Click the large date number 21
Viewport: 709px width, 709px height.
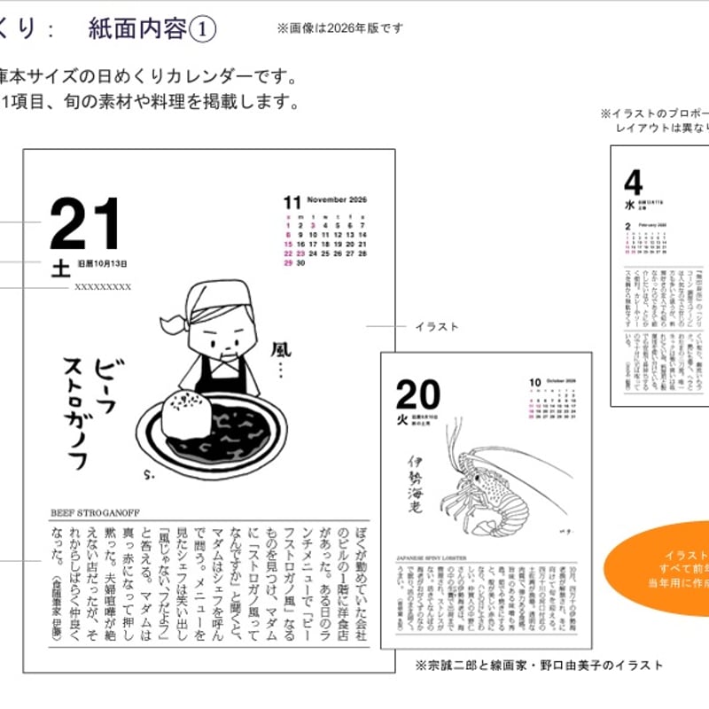click(84, 225)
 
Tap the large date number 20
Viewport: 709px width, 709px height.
click(417, 393)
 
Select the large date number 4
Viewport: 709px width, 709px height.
click(633, 183)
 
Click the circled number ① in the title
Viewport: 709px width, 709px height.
click(202, 29)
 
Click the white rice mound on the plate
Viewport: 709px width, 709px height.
click(186, 413)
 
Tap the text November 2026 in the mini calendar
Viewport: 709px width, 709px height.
click(337, 199)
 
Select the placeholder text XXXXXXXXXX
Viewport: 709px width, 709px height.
click(103, 287)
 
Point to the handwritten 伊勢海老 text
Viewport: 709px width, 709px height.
click(413, 482)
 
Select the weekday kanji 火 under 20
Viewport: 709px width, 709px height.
click(400, 417)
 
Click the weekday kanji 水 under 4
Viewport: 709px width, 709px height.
click(629, 205)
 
